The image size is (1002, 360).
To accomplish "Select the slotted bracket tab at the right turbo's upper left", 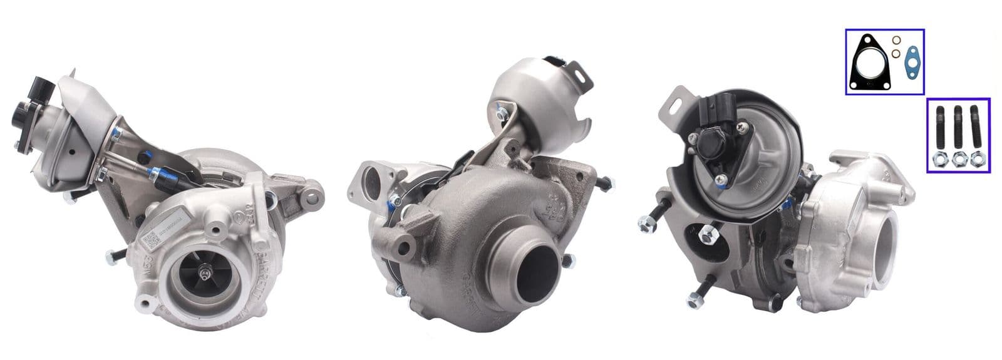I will tap(673, 103).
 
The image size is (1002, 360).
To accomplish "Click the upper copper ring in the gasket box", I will tap(898, 43).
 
